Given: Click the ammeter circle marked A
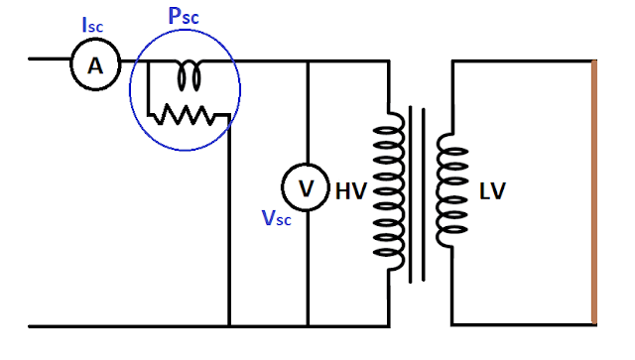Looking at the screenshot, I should point(94,64).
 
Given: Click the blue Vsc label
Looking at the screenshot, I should point(278,219).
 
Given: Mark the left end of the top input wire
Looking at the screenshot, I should point(31,59).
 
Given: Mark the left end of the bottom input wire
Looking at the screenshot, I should point(31,325).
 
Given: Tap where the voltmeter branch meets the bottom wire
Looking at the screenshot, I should point(307,325).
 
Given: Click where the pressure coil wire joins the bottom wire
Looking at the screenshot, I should point(229,325).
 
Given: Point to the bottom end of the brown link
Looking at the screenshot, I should point(593,323).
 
